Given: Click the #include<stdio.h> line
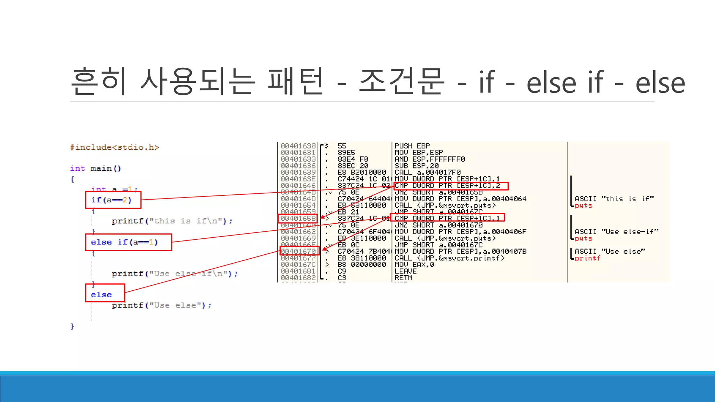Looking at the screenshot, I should (x=115, y=147).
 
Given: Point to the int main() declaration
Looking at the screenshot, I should (x=96, y=169).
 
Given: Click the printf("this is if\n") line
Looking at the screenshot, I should (x=172, y=221).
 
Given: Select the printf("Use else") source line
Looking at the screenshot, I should (x=161, y=305).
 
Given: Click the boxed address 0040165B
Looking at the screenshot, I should (x=298, y=218).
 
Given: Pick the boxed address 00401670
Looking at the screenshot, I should (x=299, y=251).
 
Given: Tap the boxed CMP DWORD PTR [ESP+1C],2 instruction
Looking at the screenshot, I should (x=451, y=186).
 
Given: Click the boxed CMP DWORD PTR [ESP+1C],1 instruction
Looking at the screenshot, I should (x=447, y=218).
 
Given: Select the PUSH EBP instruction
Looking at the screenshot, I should (x=412, y=146).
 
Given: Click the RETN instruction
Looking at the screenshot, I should (x=404, y=278).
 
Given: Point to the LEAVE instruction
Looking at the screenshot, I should (x=405, y=271).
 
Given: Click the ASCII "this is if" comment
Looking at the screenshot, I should (x=614, y=199).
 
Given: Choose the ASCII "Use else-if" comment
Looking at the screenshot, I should (x=617, y=232).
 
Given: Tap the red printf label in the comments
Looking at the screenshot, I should (x=588, y=258).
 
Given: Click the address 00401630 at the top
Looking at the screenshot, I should (x=298, y=146).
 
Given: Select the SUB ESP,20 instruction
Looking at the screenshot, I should (x=417, y=166).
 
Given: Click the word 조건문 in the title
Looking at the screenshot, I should (x=401, y=82).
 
